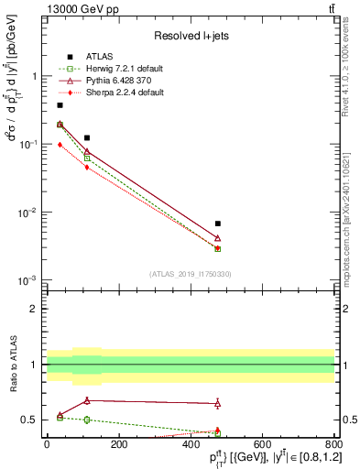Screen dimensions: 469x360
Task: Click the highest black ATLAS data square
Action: pyautogui.click(x=60, y=105)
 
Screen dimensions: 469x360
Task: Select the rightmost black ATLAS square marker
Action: pyautogui.click(x=217, y=224)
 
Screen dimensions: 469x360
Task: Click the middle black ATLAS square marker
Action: pyautogui.click(x=87, y=137)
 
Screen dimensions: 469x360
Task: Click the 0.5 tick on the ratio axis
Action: pyautogui.click(x=29, y=420)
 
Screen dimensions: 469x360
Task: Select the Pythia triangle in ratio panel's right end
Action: pyautogui.click(x=217, y=403)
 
